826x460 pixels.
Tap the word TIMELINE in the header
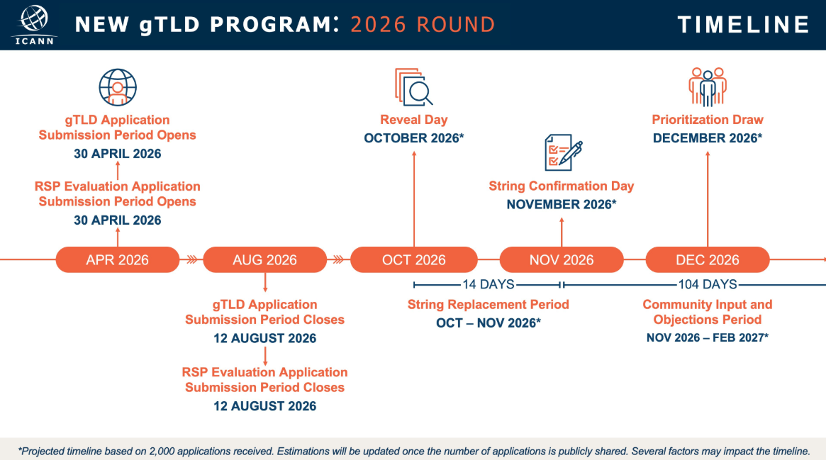(x=743, y=25)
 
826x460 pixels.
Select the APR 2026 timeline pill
(x=118, y=259)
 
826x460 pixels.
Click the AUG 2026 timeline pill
(x=265, y=259)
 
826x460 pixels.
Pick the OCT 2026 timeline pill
(x=414, y=259)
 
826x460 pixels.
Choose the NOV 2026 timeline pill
(x=562, y=259)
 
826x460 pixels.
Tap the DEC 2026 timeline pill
(x=708, y=259)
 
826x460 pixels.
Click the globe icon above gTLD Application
(x=118, y=87)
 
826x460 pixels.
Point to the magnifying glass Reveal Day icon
(x=414, y=86)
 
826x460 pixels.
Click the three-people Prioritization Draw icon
(x=708, y=86)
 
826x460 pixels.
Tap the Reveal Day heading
(x=414, y=120)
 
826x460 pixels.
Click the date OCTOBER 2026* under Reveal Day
(x=414, y=138)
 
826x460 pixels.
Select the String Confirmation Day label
(x=562, y=186)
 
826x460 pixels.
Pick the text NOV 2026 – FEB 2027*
(x=708, y=338)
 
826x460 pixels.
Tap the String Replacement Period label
(x=489, y=305)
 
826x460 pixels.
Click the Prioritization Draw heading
(x=708, y=120)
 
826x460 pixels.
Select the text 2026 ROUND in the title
(x=423, y=25)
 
